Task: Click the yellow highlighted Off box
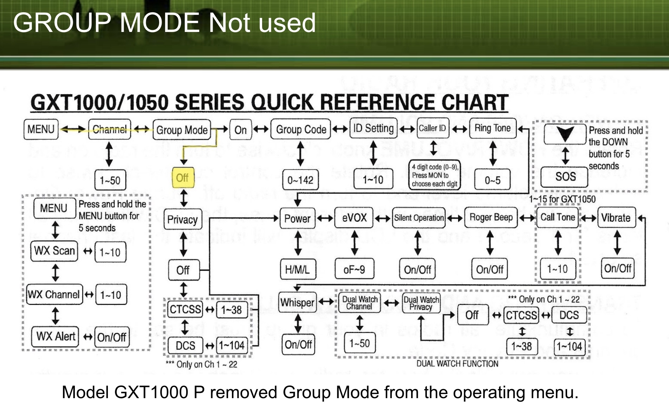(x=182, y=178)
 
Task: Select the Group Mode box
(x=182, y=130)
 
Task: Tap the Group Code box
(x=301, y=130)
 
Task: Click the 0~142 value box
(x=300, y=180)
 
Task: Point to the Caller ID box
(x=432, y=129)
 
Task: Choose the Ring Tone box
(x=492, y=129)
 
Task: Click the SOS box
(x=565, y=177)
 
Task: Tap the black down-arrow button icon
(x=565, y=134)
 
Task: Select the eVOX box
(x=354, y=218)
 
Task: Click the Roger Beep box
(x=491, y=218)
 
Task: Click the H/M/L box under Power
(x=297, y=270)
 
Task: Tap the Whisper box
(x=297, y=302)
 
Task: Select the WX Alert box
(x=56, y=337)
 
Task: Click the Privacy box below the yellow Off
(x=182, y=220)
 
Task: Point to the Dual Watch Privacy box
(x=421, y=303)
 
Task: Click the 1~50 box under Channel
(x=110, y=180)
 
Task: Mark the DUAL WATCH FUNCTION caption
(x=457, y=364)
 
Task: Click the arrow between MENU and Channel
(x=73, y=130)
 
